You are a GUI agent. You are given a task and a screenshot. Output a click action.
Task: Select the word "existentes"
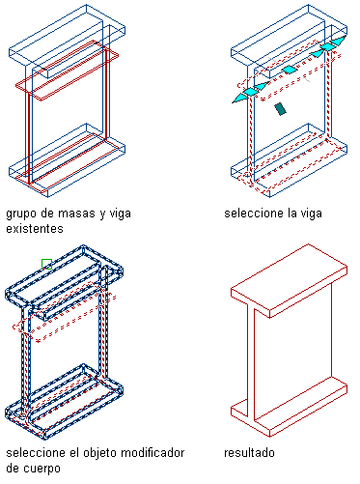coord(35,229)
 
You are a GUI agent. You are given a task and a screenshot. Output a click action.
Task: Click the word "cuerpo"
coord(42,469)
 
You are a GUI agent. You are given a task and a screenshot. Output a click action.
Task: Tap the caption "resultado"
coord(249,453)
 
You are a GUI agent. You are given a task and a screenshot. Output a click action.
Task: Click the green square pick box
coord(46,264)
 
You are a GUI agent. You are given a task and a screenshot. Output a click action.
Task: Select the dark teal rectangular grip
coord(281,109)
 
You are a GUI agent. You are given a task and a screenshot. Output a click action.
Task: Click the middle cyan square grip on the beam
coord(290,70)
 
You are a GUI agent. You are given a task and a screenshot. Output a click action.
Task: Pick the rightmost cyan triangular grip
coord(339,41)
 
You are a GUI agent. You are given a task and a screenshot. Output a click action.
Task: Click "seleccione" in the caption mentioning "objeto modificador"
coord(36,453)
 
